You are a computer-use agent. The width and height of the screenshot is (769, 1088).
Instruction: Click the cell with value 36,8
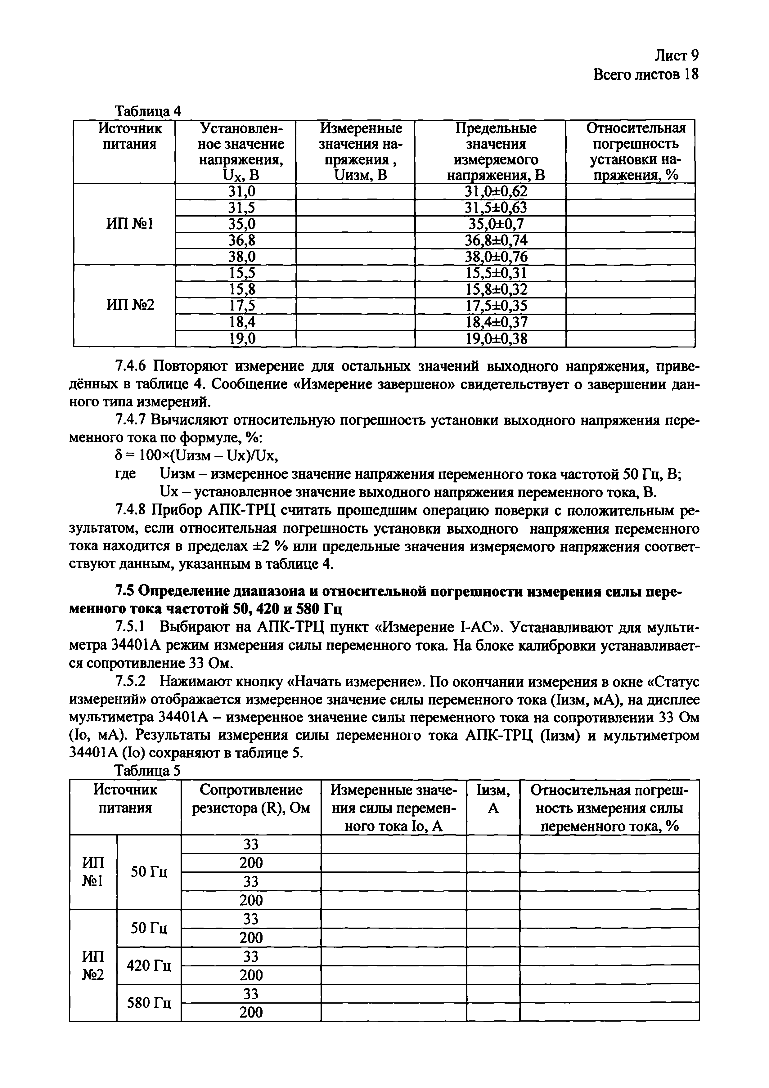click(x=241, y=240)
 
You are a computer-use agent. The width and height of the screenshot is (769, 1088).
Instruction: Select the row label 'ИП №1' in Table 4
click(x=129, y=224)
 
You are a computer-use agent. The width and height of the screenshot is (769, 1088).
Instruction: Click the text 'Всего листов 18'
click(x=646, y=75)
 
